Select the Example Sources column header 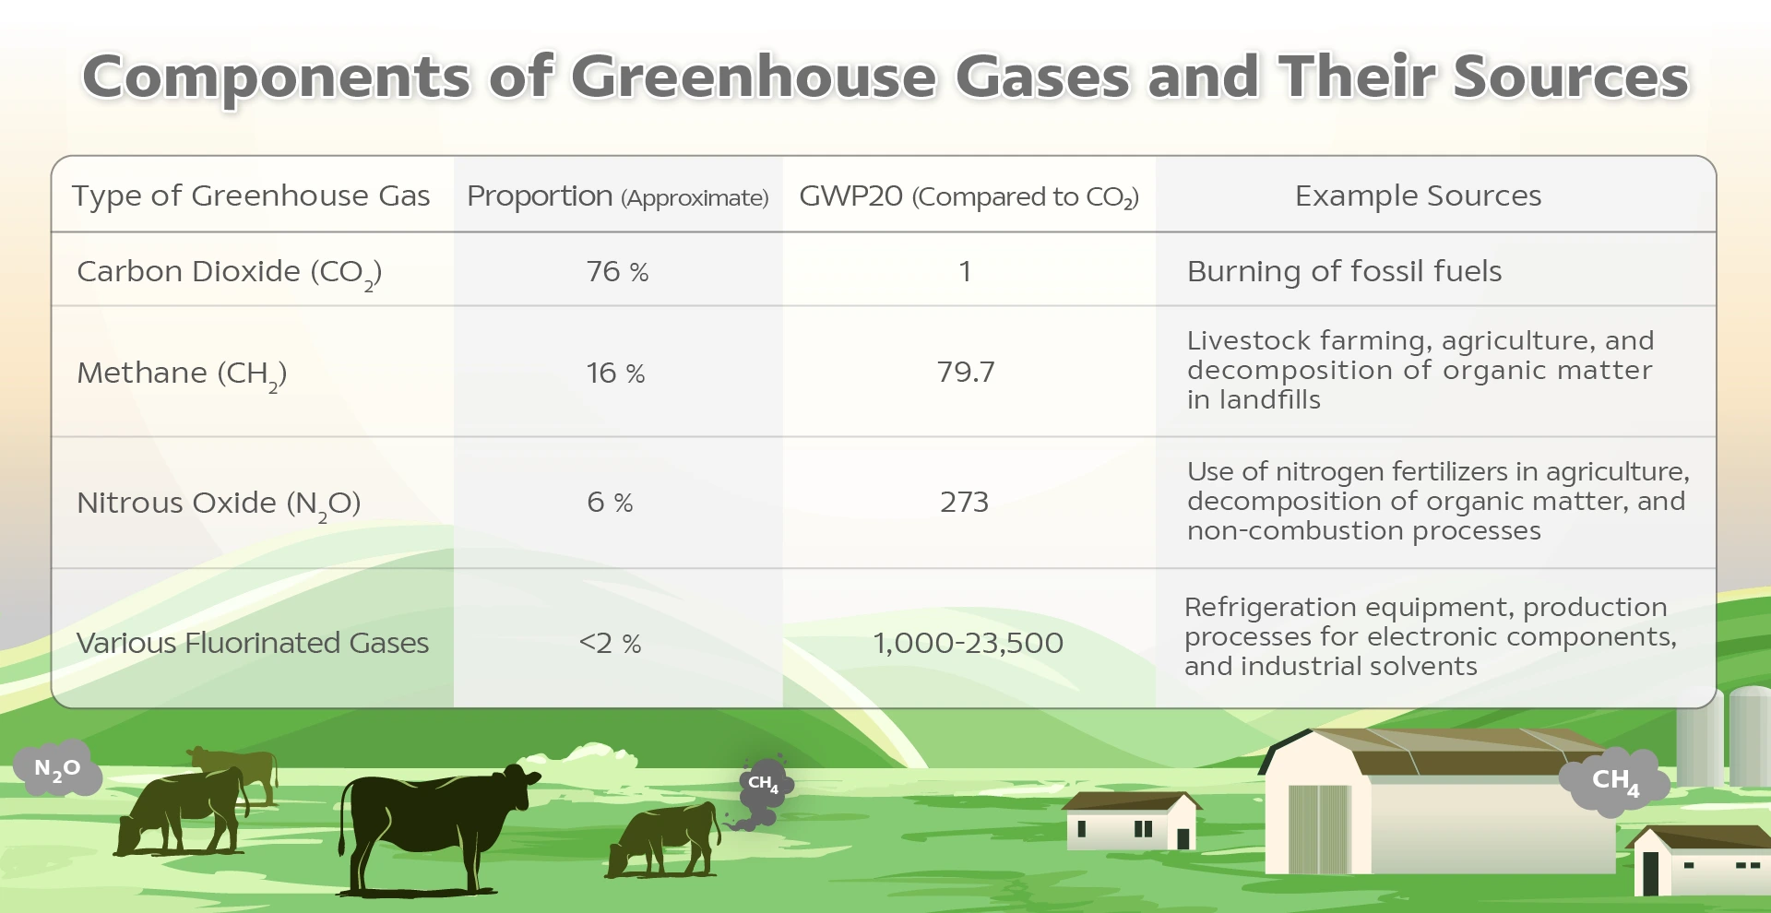coord(1418,196)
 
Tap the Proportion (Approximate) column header coord(617,196)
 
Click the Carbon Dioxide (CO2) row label coord(229,273)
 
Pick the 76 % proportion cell coord(617,271)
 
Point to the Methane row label coord(182,374)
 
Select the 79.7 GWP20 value coord(965,372)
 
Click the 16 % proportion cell coord(615,373)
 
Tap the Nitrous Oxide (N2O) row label coord(219,504)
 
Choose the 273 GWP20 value coord(964,502)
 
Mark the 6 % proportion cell coord(610,502)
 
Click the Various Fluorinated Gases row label coord(253,642)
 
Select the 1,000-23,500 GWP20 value coord(968,643)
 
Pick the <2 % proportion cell coord(610,643)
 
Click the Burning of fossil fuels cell coord(1344,271)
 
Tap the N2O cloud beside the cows coord(57,768)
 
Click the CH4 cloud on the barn coord(1614,782)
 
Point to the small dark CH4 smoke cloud coord(763,789)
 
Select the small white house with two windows coord(1131,821)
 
